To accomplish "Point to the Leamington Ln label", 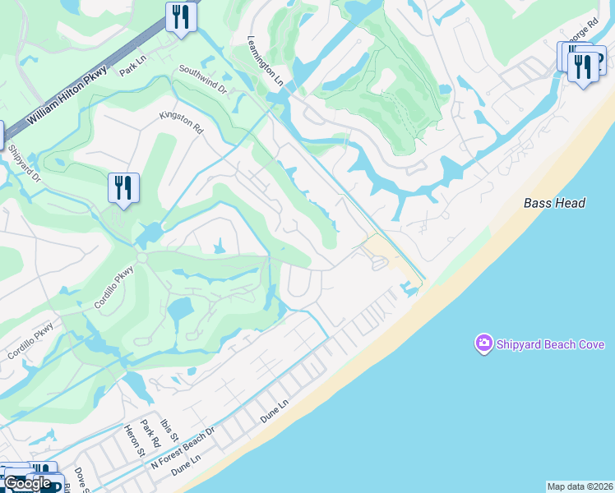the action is (266, 62).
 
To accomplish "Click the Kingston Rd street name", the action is (181, 124).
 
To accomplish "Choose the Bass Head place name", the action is (554, 203).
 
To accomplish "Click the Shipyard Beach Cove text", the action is (550, 344).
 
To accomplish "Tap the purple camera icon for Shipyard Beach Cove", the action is (483, 343).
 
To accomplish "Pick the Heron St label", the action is (132, 440).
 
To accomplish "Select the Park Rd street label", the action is (148, 433).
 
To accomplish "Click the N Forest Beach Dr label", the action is (183, 449).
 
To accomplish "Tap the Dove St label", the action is (81, 478).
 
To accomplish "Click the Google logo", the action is (28, 483).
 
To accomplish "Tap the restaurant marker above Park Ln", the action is (181, 17).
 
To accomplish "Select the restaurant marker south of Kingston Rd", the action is (123, 188).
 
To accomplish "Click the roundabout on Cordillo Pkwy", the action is (141, 258).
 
